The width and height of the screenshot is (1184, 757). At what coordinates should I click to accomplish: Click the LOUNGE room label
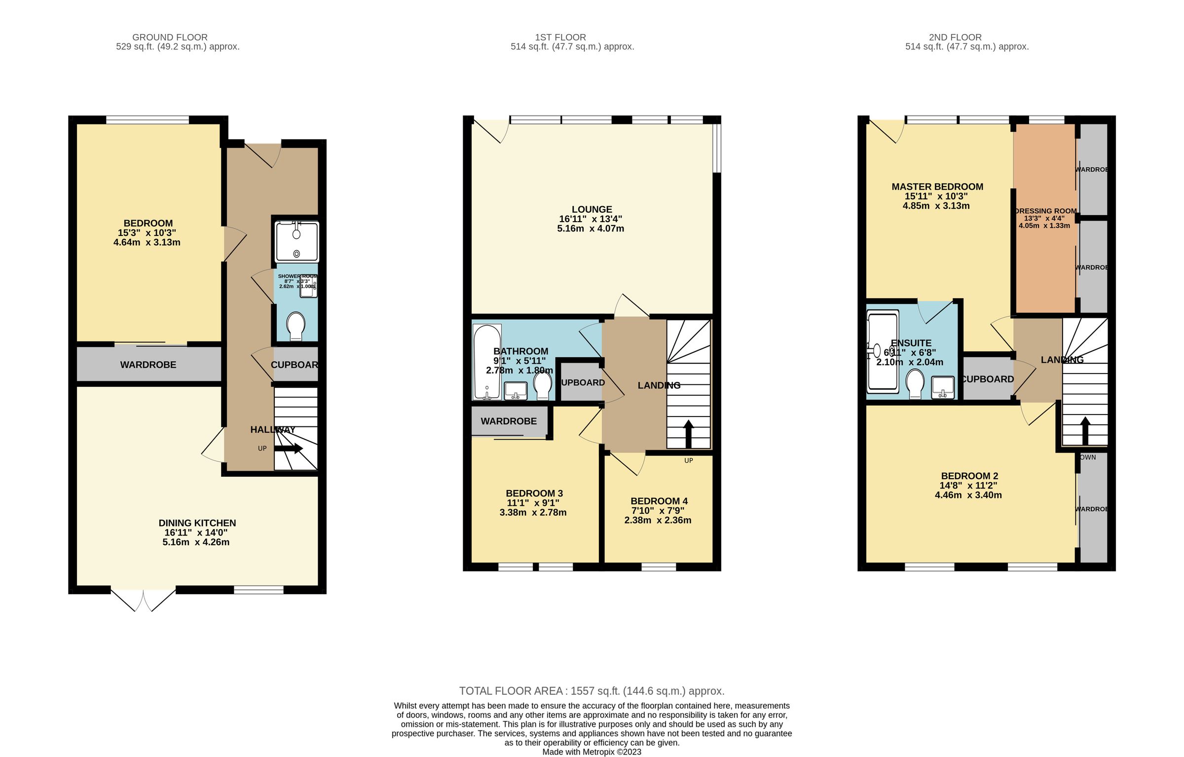[592, 209]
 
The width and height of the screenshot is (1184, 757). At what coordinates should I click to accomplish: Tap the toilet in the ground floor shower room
[296, 326]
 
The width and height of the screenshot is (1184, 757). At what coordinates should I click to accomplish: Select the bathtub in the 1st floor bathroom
[487, 362]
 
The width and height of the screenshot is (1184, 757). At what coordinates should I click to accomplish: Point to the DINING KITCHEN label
[197, 523]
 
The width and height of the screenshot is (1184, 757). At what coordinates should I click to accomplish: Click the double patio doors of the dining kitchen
[143, 599]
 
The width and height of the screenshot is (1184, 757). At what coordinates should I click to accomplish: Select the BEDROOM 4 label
[659, 501]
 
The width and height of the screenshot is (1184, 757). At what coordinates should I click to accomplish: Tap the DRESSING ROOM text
[1045, 211]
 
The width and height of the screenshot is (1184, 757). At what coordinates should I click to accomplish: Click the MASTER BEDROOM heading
[937, 187]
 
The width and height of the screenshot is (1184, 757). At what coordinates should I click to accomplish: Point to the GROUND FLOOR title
[170, 37]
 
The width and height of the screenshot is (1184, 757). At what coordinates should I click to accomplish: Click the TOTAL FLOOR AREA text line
[592, 691]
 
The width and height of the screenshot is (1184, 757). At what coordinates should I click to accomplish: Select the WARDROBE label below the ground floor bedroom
[148, 365]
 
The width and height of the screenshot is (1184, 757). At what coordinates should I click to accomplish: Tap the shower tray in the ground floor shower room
[297, 242]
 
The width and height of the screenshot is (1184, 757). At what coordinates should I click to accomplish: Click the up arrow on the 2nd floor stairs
[1085, 431]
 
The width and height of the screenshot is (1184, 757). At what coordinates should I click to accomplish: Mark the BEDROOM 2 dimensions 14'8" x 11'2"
[968, 486]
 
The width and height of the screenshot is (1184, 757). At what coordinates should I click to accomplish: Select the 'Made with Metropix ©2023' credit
[592, 752]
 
